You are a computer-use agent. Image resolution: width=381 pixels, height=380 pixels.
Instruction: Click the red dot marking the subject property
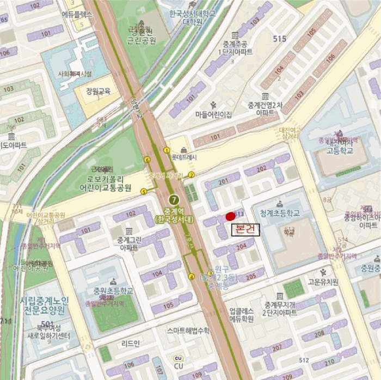click(230, 216)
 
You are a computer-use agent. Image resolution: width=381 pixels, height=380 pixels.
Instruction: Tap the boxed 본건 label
click(245, 229)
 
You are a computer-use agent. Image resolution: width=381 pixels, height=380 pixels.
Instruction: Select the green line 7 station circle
click(173, 200)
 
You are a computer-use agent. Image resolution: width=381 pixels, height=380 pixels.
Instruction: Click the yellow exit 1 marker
click(167, 150)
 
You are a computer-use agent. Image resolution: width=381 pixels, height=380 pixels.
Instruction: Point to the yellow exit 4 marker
click(191, 277)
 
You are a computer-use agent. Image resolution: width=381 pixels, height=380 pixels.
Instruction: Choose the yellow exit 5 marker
click(144, 191)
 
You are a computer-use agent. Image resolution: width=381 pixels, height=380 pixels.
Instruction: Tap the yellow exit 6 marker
click(147, 160)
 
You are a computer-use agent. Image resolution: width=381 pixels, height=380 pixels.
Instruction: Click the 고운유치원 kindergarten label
click(323, 281)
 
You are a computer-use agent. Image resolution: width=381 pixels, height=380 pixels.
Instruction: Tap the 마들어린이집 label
click(213, 114)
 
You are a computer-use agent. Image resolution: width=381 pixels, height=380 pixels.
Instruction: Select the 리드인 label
click(131, 343)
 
